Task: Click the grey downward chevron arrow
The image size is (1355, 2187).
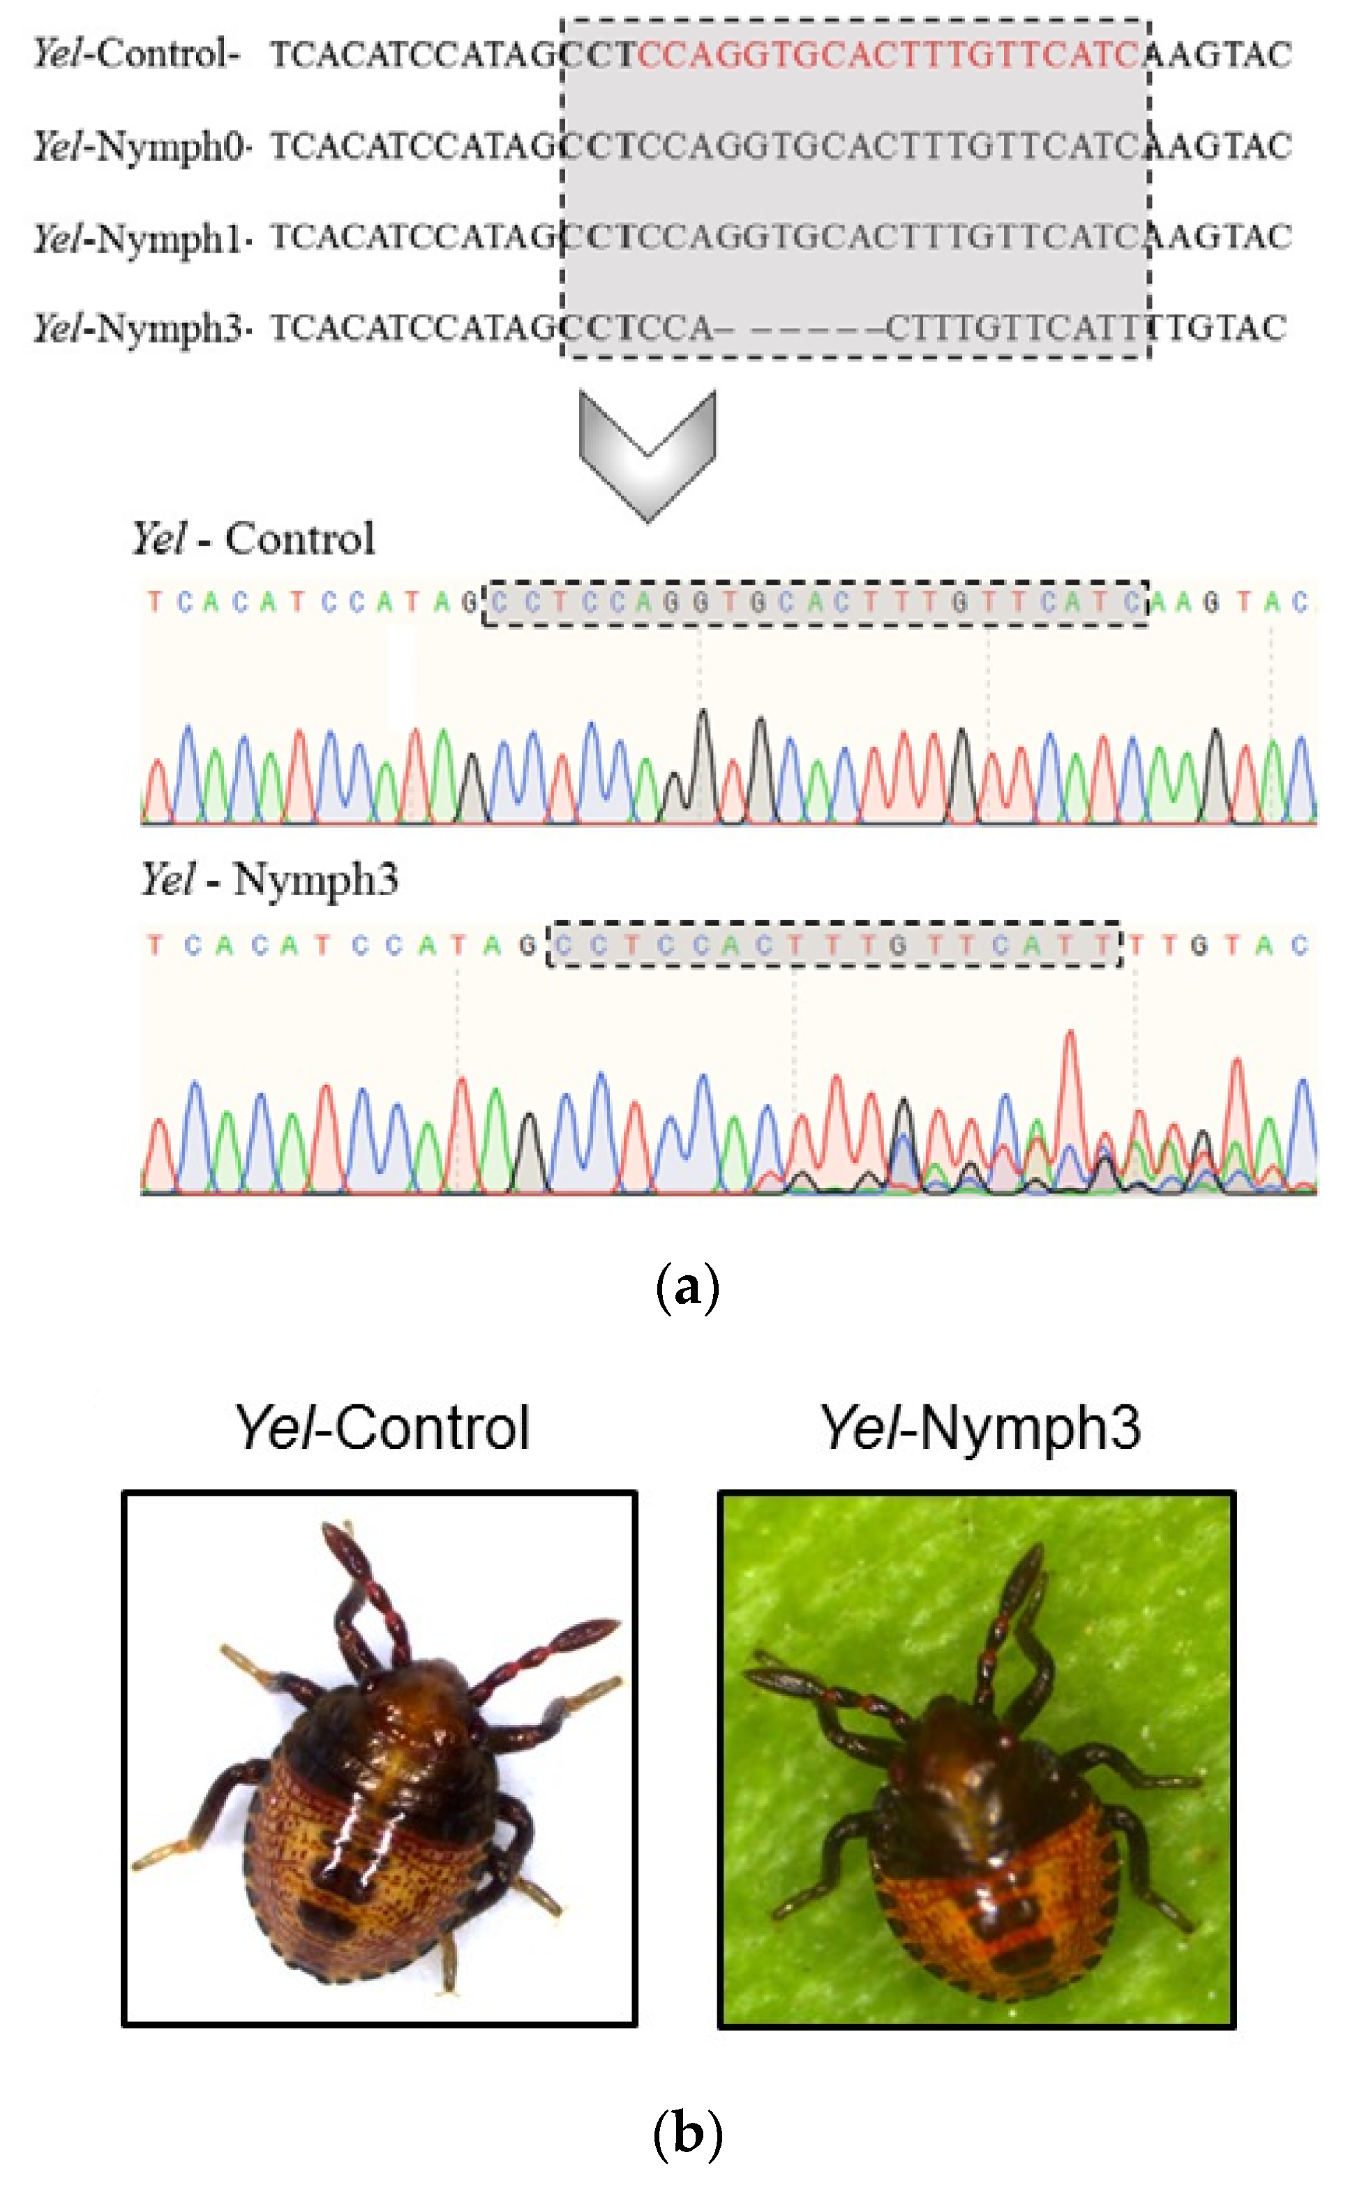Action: (647, 453)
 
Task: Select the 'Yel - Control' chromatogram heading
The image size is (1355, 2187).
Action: (253, 539)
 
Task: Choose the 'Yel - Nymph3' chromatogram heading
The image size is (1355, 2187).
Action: (269, 879)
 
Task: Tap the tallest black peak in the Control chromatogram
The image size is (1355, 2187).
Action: (703, 716)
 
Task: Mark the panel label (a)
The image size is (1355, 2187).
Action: (687, 1288)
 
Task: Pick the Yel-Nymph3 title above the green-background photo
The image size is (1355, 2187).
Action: (980, 1427)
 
